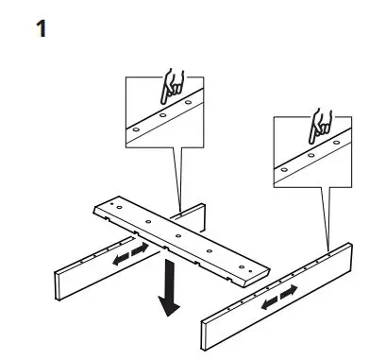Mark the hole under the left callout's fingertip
pyautogui.click(x=188, y=103)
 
